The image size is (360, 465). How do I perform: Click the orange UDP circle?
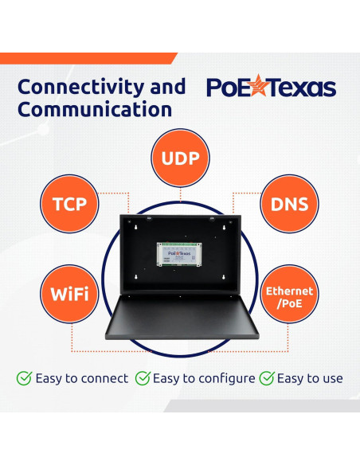[x=180, y=157]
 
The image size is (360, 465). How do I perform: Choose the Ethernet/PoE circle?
[x=290, y=296]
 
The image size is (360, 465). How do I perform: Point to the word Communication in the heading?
[x=95, y=110]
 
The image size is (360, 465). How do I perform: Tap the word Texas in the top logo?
[x=302, y=88]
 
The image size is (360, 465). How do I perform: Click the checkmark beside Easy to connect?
[x=24, y=378]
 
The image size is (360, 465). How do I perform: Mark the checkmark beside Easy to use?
[x=268, y=378]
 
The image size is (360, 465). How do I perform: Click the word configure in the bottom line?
[x=228, y=379]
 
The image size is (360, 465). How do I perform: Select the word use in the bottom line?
[x=331, y=379]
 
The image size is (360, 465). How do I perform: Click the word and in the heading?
[x=168, y=86]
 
